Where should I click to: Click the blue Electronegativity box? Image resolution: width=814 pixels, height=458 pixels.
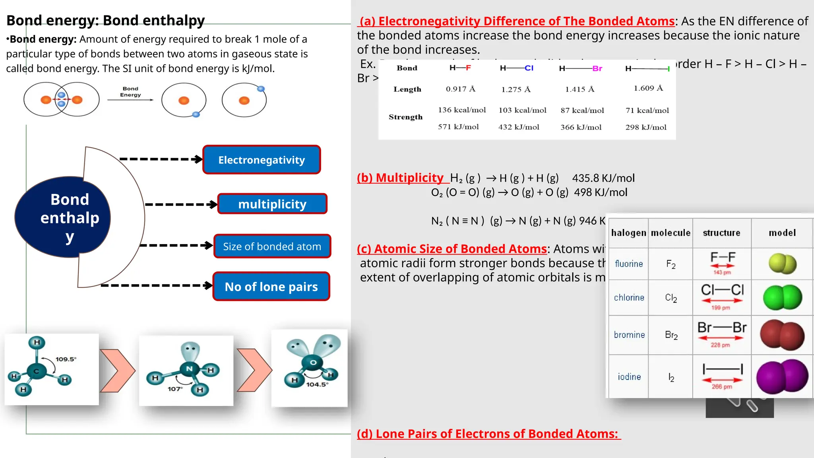pyautogui.click(x=262, y=160)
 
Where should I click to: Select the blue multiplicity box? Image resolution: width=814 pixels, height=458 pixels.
pyautogui.click(x=272, y=204)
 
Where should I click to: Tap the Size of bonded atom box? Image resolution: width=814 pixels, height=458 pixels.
pyautogui.click(x=272, y=246)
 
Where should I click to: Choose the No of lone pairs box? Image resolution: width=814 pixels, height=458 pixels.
pyautogui.click(x=271, y=287)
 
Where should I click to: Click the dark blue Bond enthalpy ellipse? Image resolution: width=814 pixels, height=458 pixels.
pyautogui.click(x=64, y=217)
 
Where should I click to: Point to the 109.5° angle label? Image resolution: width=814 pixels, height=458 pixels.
pyautogui.click(x=66, y=359)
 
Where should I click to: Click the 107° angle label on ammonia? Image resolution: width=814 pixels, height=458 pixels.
pyautogui.click(x=175, y=389)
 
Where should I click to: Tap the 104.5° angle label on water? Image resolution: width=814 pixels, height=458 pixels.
pyautogui.click(x=317, y=384)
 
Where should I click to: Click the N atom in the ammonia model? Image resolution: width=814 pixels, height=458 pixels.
pyautogui.click(x=190, y=369)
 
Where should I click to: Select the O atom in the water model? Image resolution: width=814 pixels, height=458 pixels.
pyautogui.click(x=313, y=362)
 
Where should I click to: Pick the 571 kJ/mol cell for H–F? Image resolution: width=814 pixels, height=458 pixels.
pyautogui.click(x=458, y=127)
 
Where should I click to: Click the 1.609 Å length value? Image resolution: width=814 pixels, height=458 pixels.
pyautogui.click(x=648, y=88)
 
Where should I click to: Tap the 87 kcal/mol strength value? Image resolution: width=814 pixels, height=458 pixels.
pyautogui.click(x=582, y=111)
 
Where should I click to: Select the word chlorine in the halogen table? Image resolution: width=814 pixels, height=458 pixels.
pyautogui.click(x=629, y=298)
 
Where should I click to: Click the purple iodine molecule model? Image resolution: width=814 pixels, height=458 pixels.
pyautogui.click(x=782, y=376)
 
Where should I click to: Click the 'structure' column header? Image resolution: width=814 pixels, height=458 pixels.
pyautogui.click(x=721, y=233)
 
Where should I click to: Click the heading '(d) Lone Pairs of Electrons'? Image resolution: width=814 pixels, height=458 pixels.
pyautogui.click(x=488, y=434)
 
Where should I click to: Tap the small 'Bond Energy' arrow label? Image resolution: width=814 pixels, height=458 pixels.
pyautogui.click(x=130, y=92)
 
